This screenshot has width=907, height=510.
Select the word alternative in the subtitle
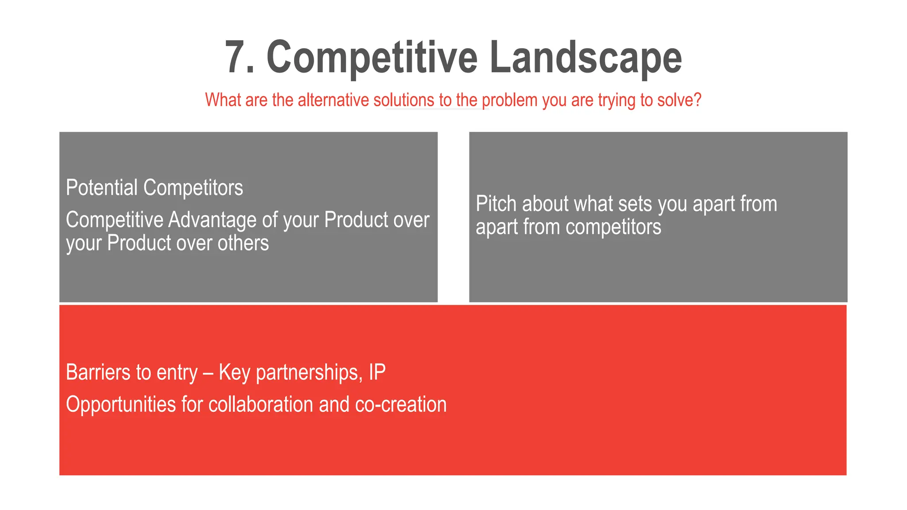(x=335, y=100)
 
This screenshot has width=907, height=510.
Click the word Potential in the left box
(x=102, y=188)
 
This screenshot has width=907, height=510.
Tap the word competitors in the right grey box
(x=613, y=227)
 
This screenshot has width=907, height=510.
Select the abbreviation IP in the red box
(x=377, y=372)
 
